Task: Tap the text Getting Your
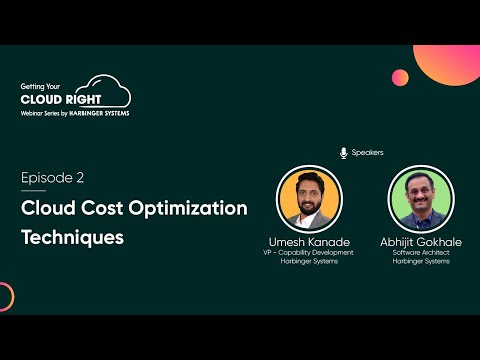click(x=43, y=87)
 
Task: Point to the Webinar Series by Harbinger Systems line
click(x=74, y=113)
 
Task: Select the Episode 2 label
click(x=52, y=178)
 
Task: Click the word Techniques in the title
click(x=73, y=238)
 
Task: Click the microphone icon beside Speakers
click(x=344, y=153)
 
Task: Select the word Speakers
click(x=367, y=153)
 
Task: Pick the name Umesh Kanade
click(x=310, y=242)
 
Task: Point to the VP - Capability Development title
click(x=310, y=255)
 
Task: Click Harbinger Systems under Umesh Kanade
click(x=310, y=264)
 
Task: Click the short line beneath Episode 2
click(x=33, y=191)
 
